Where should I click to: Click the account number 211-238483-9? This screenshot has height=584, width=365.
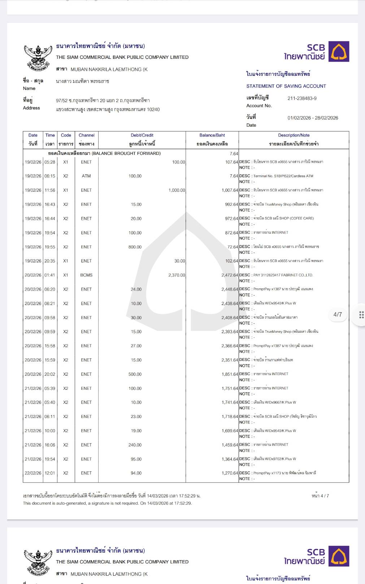[x=302, y=98]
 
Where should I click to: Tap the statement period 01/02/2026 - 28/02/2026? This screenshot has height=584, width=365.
[x=313, y=118]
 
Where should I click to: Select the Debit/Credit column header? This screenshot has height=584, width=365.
[x=142, y=135]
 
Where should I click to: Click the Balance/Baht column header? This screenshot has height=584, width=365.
[x=212, y=135]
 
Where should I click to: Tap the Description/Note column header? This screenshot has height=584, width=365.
[x=294, y=135]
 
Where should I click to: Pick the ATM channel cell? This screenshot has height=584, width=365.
[x=86, y=176]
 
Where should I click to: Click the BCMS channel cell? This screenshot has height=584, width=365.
[x=86, y=275]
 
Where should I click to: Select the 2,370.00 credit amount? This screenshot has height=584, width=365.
[x=177, y=275]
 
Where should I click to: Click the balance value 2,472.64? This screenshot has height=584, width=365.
[x=230, y=275]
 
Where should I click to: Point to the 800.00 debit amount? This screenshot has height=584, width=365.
[x=135, y=247]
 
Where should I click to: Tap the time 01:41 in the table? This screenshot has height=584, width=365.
[x=50, y=275]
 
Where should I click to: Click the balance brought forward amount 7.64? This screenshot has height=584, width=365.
[x=234, y=153]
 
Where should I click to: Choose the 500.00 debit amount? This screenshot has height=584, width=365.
[x=135, y=374]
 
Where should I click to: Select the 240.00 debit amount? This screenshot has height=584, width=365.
[x=135, y=445]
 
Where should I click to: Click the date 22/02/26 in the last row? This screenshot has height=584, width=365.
[x=33, y=473]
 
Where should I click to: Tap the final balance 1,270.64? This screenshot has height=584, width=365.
[x=230, y=473]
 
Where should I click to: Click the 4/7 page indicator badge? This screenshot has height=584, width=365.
[x=338, y=314]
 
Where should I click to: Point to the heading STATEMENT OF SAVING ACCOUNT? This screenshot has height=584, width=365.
[x=286, y=86]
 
